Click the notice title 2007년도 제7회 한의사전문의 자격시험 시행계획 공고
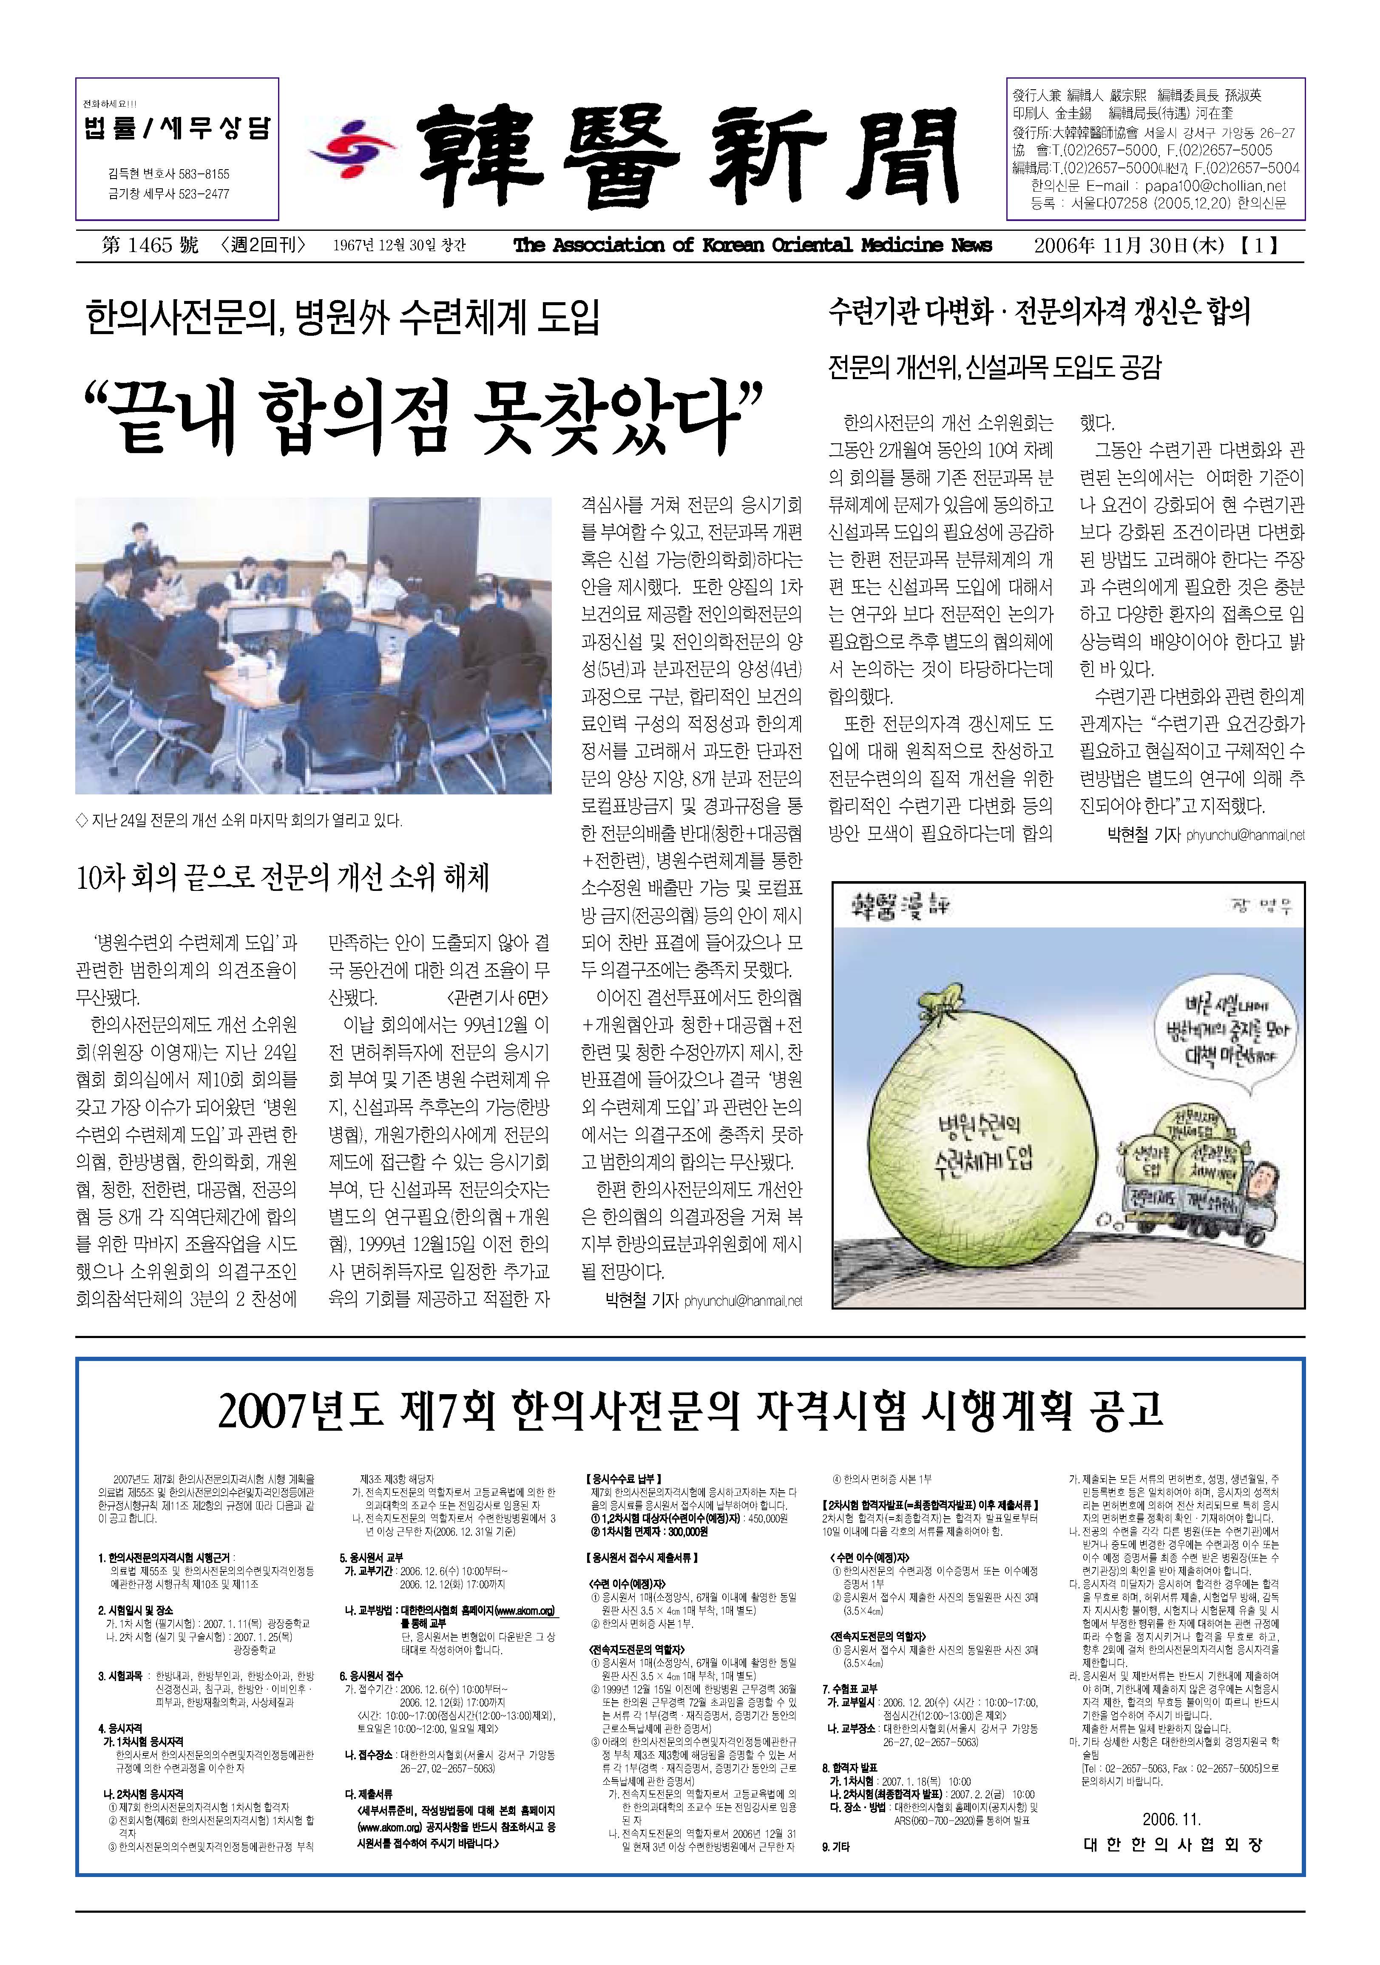pyautogui.click(x=690, y=1410)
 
